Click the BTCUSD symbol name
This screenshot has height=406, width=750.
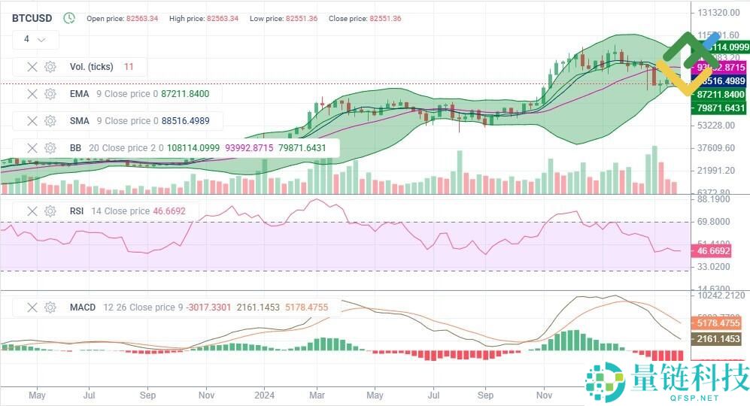[33, 18]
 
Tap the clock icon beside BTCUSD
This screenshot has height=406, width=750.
[69, 18]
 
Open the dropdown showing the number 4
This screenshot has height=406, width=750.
[35, 39]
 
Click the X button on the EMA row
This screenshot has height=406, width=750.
[32, 94]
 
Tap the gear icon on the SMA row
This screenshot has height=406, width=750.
[50, 121]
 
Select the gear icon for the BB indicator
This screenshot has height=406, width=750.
[50, 148]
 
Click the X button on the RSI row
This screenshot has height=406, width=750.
[32, 211]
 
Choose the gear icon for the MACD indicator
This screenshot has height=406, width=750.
[50, 308]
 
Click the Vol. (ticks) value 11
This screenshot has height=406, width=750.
[129, 67]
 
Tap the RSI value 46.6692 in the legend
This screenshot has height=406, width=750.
[169, 211]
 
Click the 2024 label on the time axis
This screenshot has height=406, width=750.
[264, 394]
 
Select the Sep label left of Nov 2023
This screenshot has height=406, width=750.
[148, 394]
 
